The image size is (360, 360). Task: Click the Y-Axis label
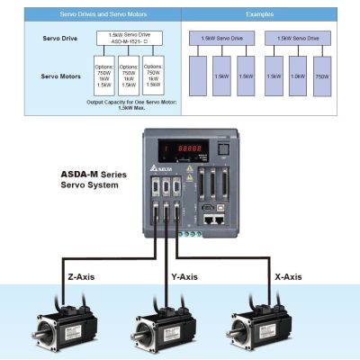click(183, 276)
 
